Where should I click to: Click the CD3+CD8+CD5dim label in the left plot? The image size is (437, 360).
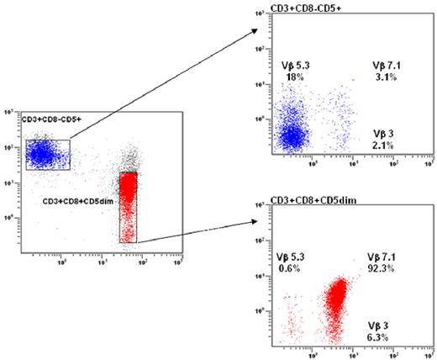pyautogui.click(x=78, y=203)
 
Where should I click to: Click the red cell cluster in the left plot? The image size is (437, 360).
pyautogui.click(x=128, y=202)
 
